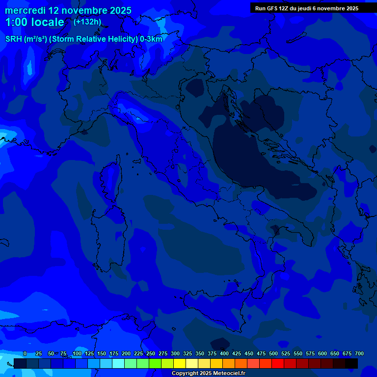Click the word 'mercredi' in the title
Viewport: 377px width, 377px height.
tap(25, 10)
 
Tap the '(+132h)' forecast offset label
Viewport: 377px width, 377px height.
tap(87, 22)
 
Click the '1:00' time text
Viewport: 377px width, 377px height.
tap(16, 22)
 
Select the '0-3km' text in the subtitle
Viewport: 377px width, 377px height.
tap(151, 39)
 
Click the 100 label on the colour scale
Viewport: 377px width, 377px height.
tap(77, 354)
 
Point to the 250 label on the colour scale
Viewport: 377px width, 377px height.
tap(151, 354)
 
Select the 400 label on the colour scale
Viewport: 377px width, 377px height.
tap(224, 354)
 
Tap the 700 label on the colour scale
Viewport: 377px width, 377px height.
tap(359, 354)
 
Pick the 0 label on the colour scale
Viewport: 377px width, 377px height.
tap(25, 354)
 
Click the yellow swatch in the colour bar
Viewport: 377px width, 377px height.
tap(180, 363)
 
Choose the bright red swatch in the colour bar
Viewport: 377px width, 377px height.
tap(278, 363)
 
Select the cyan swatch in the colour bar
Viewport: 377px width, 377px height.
tap(118, 363)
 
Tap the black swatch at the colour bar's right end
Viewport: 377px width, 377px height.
tap(351, 363)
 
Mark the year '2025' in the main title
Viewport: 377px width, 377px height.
tap(118, 10)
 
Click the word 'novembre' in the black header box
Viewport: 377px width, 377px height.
tap(332, 8)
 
